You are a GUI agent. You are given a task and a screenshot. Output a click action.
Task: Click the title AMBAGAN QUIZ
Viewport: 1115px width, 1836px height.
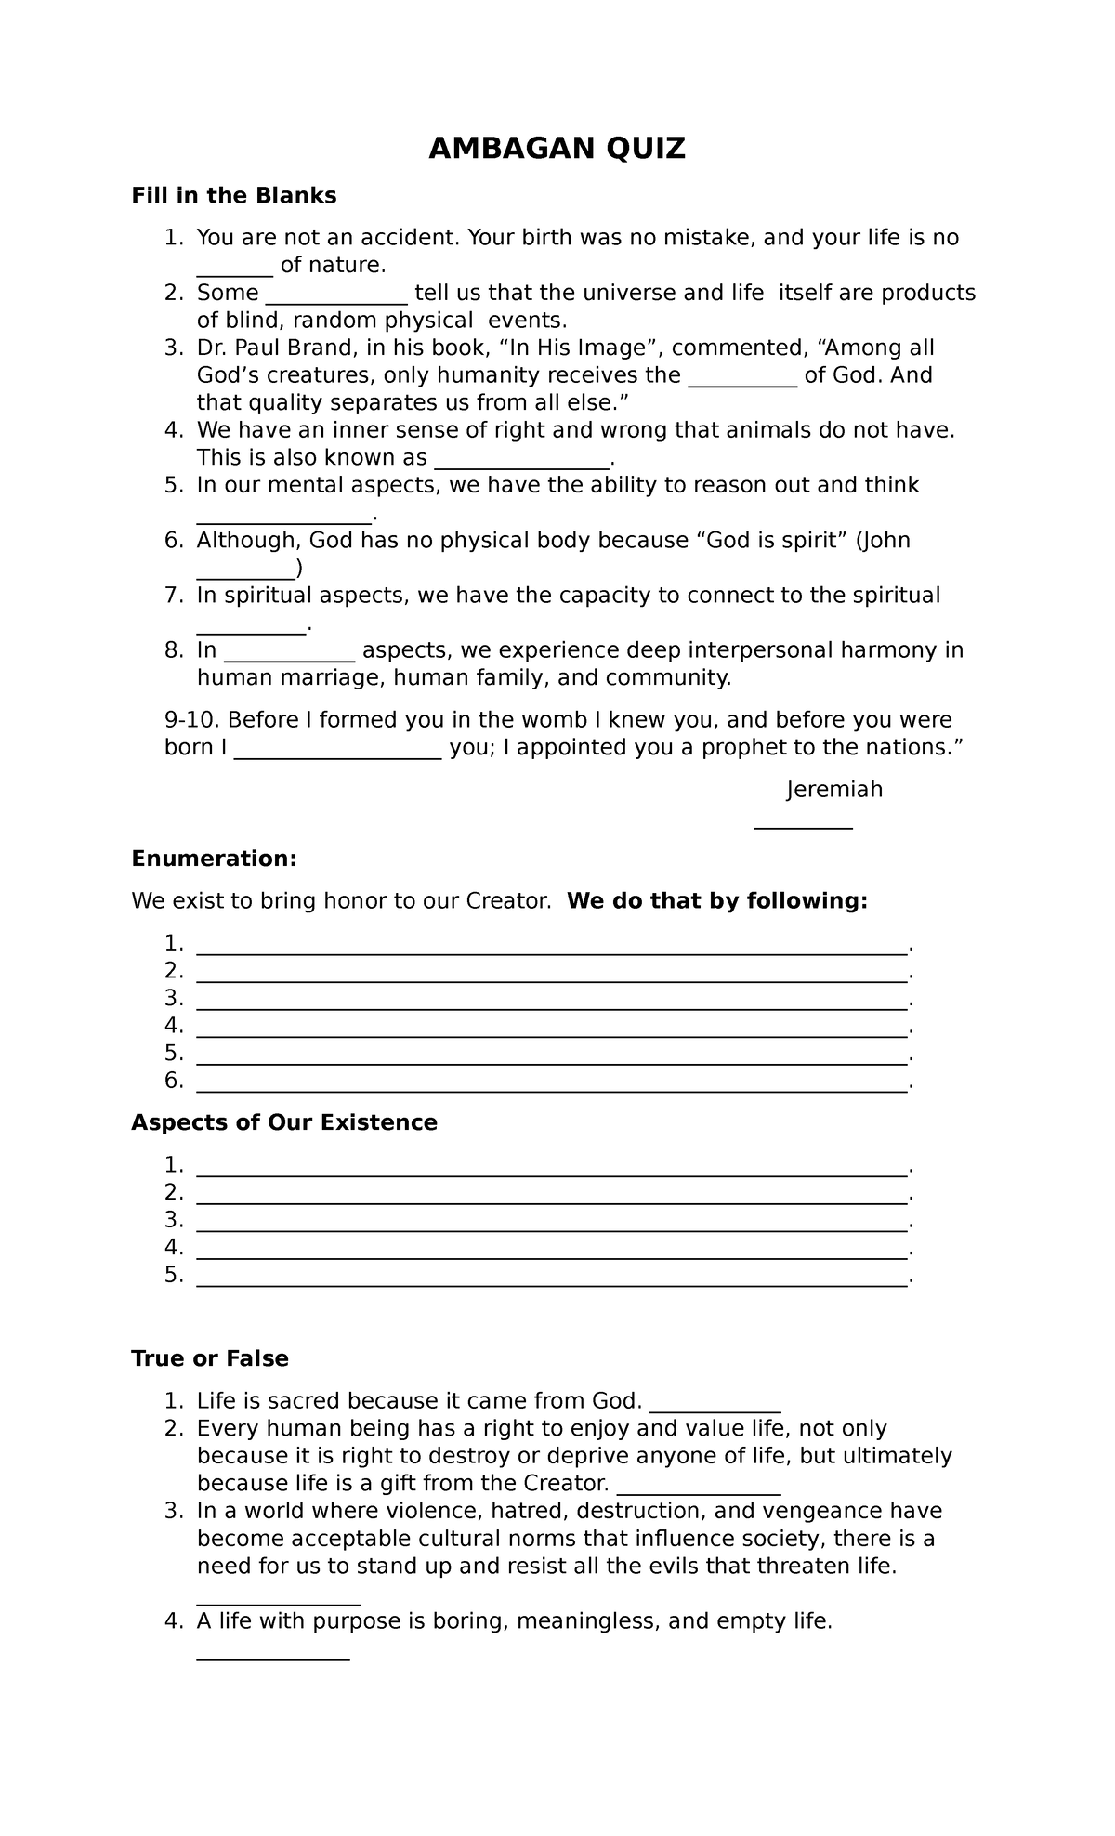click(x=557, y=149)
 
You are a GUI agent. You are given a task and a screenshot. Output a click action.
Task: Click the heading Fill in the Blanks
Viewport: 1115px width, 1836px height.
click(x=233, y=196)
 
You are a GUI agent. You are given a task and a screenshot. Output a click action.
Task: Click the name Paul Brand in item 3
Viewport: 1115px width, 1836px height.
click(x=282, y=348)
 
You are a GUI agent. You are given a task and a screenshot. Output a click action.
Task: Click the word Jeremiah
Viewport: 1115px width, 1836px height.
click(x=834, y=790)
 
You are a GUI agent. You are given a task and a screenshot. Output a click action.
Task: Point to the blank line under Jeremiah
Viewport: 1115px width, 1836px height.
click(x=804, y=826)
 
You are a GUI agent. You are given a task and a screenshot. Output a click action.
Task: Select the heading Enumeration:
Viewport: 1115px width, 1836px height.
click(x=214, y=859)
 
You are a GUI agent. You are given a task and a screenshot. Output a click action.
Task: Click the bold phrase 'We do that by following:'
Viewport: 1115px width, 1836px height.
click(x=716, y=901)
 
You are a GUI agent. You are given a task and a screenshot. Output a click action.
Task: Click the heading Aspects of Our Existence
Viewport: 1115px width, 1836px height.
click(x=284, y=1123)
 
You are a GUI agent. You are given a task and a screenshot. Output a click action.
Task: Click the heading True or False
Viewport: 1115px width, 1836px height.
click(x=210, y=1359)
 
